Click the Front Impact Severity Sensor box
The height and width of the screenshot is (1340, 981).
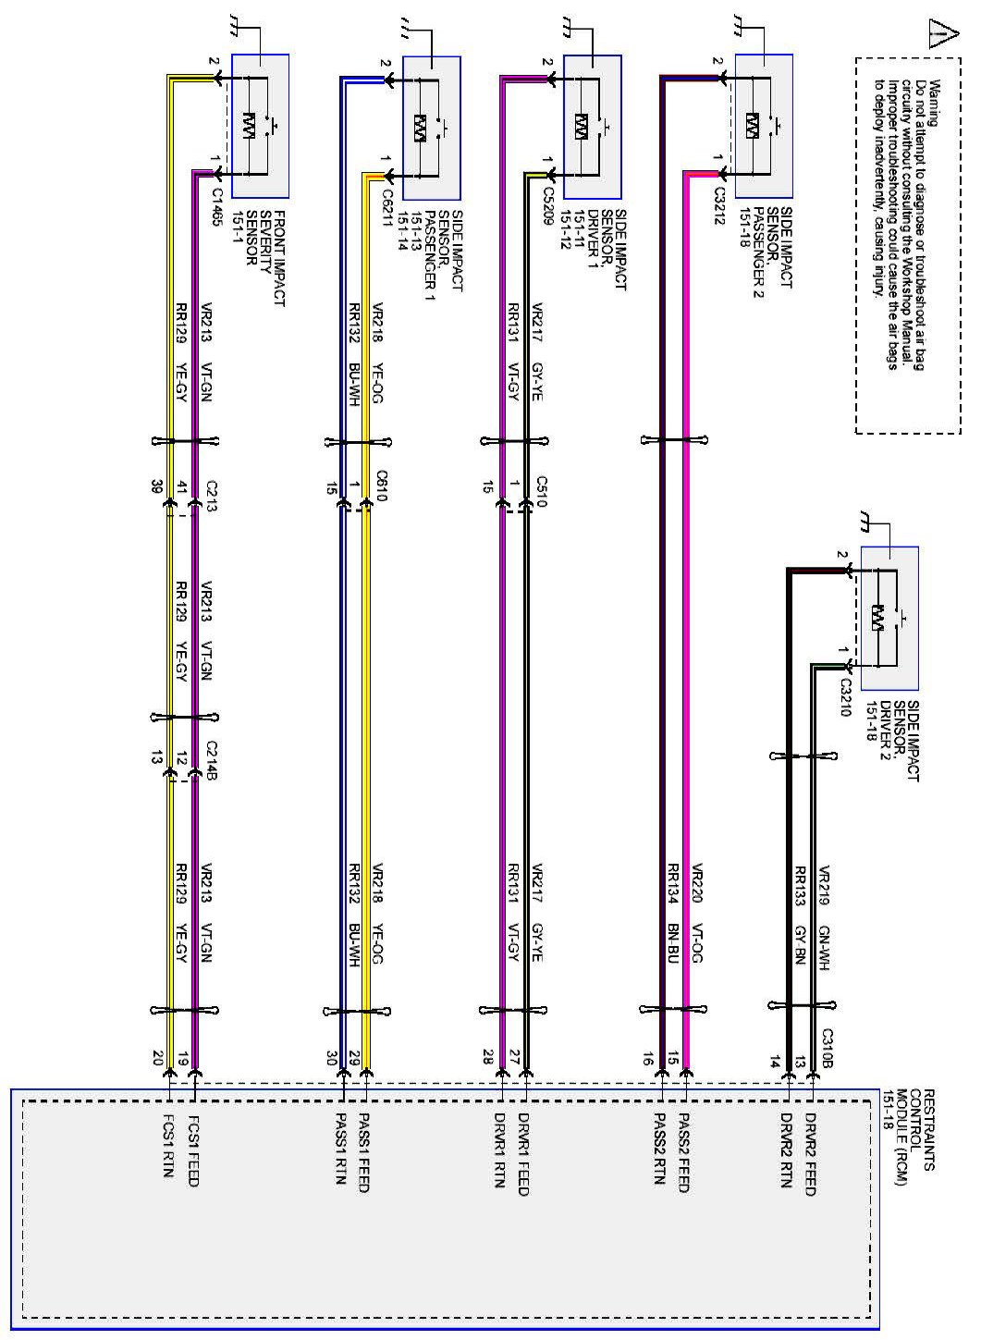[x=260, y=127]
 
